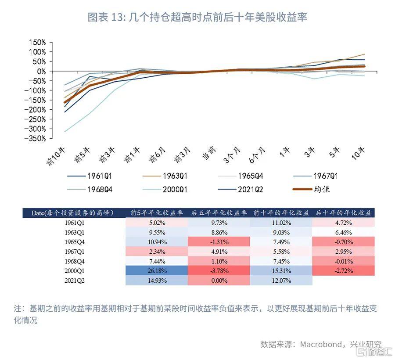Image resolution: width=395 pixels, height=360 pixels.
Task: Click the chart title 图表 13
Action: point(197,17)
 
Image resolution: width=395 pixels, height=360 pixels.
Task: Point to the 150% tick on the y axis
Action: point(37,43)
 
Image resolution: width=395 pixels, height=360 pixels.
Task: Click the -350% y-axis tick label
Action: point(36,139)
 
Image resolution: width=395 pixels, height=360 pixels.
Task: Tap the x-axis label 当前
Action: point(209,154)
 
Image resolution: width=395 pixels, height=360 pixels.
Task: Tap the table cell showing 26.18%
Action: point(157,270)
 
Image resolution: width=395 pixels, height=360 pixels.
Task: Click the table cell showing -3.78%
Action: point(219,270)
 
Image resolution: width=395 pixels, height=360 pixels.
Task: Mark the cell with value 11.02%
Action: point(281,223)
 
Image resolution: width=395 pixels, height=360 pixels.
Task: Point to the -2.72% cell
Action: point(343,270)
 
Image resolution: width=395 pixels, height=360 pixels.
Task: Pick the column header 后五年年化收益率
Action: point(219,213)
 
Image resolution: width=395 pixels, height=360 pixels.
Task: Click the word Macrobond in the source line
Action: point(320,344)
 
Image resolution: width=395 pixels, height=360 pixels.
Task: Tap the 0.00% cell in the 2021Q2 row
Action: point(219,280)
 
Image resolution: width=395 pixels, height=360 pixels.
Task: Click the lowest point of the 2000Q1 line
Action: point(65,132)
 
